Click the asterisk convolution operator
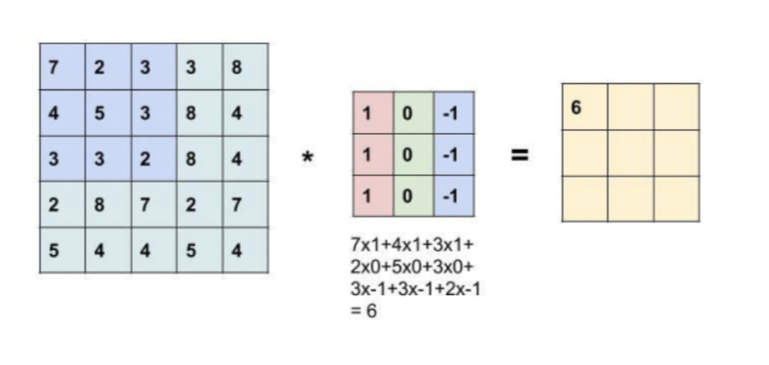(x=307, y=157)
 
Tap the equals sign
(x=521, y=155)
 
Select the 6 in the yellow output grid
(x=577, y=107)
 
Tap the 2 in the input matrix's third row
(x=145, y=160)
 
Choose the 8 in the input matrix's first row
(x=237, y=68)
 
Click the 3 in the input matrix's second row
(x=145, y=114)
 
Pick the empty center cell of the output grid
(x=630, y=153)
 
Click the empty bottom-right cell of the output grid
(x=676, y=198)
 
